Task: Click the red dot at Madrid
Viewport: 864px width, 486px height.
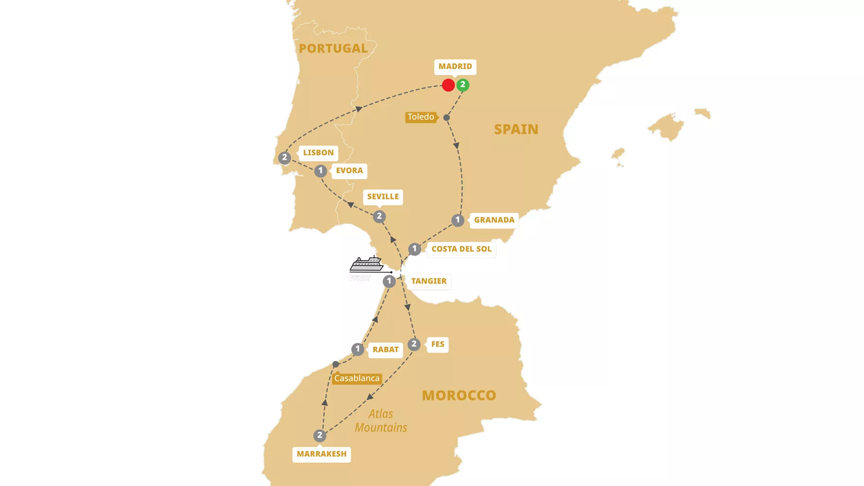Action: tap(448, 85)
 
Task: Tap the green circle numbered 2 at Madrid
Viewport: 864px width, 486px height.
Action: tap(463, 85)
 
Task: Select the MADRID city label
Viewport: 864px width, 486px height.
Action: tap(455, 67)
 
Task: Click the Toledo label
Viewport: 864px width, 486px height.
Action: tap(420, 117)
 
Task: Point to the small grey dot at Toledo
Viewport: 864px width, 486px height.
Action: tap(447, 117)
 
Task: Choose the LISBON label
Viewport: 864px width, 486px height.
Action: tap(318, 153)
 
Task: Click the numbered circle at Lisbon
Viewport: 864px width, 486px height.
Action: tap(284, 157)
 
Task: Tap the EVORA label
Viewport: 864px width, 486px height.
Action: tap(349, 171)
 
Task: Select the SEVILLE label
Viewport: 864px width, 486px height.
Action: tap(383, 197)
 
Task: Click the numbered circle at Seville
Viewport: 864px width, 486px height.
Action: tap(379, 216)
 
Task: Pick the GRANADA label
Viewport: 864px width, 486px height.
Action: tap(494, 220)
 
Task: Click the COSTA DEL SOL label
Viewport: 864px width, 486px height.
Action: tap(461, 249)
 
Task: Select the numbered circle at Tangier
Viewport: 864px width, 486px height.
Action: tap(389, 281)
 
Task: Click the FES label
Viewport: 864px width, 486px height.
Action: tap(438, 344)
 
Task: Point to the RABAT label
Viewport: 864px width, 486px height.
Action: tap(385, 350)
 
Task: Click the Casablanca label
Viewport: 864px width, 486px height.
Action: tap(357, 378)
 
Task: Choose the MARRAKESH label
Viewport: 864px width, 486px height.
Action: tap(322, 454)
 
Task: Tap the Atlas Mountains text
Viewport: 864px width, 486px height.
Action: tap(381, 421)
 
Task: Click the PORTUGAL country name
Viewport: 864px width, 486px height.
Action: tap(333, 48)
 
